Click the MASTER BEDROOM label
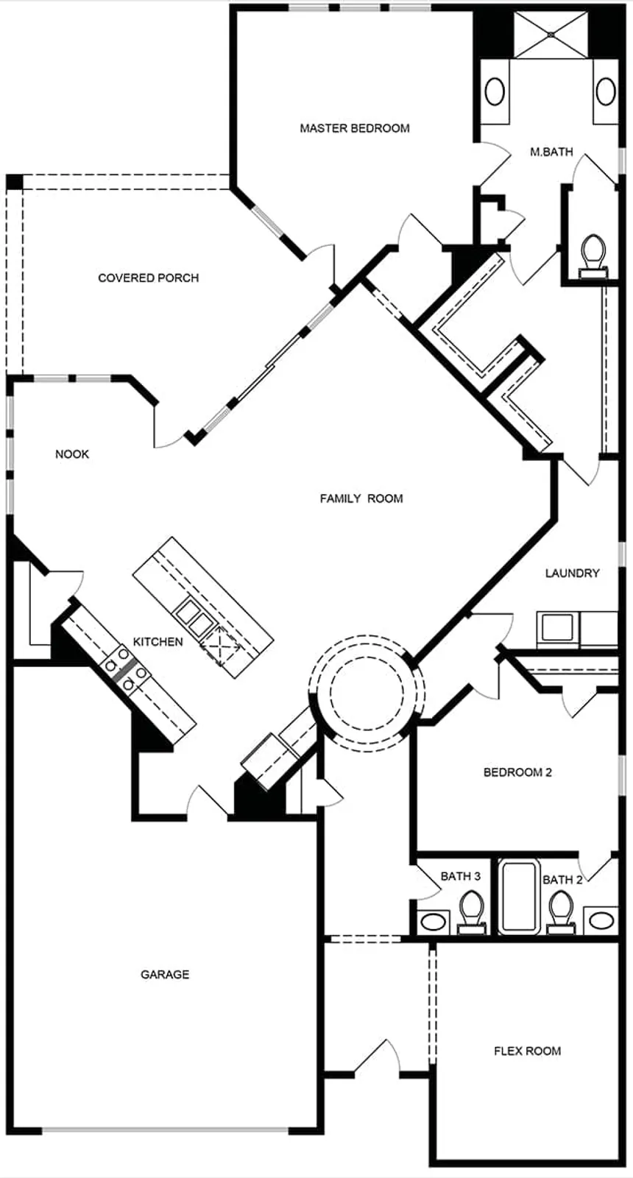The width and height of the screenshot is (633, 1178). pos(354,128)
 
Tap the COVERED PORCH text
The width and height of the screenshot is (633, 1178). pos(148,278)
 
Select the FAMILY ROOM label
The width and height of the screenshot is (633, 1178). pos(361,498)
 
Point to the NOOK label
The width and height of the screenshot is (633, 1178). pos(72,454)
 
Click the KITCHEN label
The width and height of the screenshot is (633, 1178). pos(158,642)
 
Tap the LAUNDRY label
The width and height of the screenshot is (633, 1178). pos(572,573)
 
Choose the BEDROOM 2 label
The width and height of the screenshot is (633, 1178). pos(517,772)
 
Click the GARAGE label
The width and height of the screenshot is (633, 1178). pos(165,974)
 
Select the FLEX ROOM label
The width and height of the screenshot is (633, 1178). pos(527,1051)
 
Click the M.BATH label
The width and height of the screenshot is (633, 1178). pos(551,152)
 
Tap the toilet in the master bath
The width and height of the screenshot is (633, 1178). pos(593,254)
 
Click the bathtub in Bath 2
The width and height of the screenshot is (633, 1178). pos(519,896)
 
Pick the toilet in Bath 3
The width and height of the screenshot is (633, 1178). pos(470,910)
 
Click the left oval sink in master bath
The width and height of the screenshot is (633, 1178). pos(495,92)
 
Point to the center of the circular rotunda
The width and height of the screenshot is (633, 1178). pos(366,693)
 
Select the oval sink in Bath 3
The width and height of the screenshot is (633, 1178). pos(434,921)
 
